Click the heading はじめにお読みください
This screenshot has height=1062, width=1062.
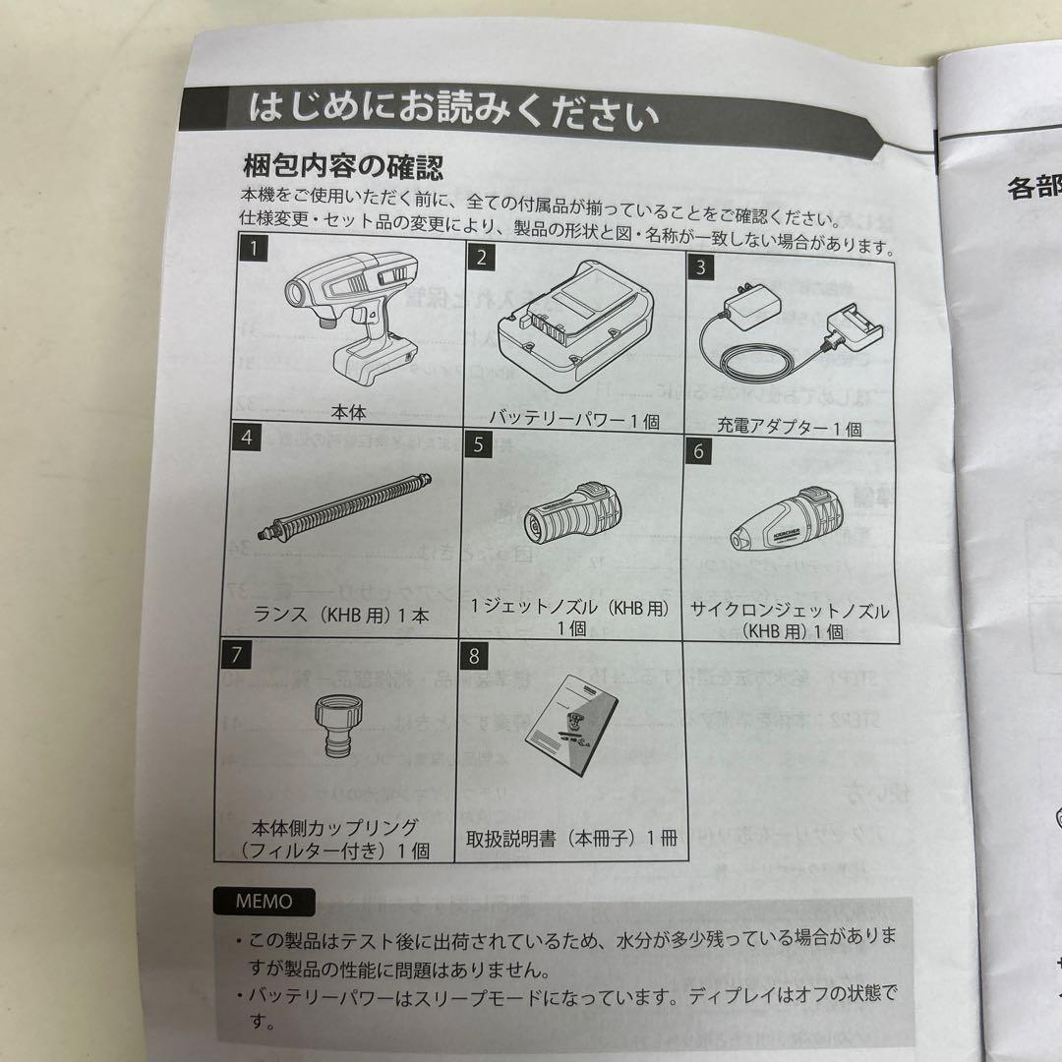click(x=452, y=111)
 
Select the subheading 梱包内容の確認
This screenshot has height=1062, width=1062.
click(x=342, y=163)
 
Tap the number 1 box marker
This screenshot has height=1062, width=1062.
click(x=253, y=251)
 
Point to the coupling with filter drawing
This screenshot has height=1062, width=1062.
click(x=345, y=726)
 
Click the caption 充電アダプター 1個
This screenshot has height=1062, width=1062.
click(x=789, y=428)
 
